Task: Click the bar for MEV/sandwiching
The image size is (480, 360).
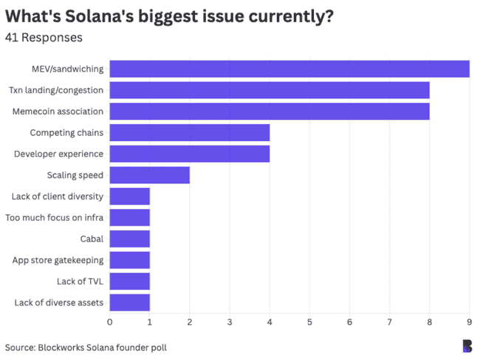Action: [289, 69]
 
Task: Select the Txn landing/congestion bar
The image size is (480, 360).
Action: [270, 90]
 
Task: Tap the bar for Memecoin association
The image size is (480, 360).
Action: [270, 112]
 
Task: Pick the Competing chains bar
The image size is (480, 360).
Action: [190, 133]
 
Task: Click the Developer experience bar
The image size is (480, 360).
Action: [190, 154]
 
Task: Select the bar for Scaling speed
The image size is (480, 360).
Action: [150, 175]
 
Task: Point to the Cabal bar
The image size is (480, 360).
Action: [130, 239]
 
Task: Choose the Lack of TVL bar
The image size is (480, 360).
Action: [130, 281]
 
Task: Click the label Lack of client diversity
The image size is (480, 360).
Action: [58, 197]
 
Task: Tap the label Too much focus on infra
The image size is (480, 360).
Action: [55, 217]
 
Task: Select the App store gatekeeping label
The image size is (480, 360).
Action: [58, 260]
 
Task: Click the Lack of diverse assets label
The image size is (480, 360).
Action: [59, 302]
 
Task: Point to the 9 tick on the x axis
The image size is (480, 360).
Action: [469, 322]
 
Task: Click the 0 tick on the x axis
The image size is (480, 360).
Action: [110, 322]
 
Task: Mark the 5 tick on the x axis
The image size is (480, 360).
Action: [309, 322]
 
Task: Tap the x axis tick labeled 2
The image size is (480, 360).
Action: [190, 322]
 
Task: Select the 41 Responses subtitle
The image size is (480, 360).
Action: [44, 37]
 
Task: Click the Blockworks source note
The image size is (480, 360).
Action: [91, 347]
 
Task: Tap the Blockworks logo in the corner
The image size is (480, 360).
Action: [466, 345]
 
